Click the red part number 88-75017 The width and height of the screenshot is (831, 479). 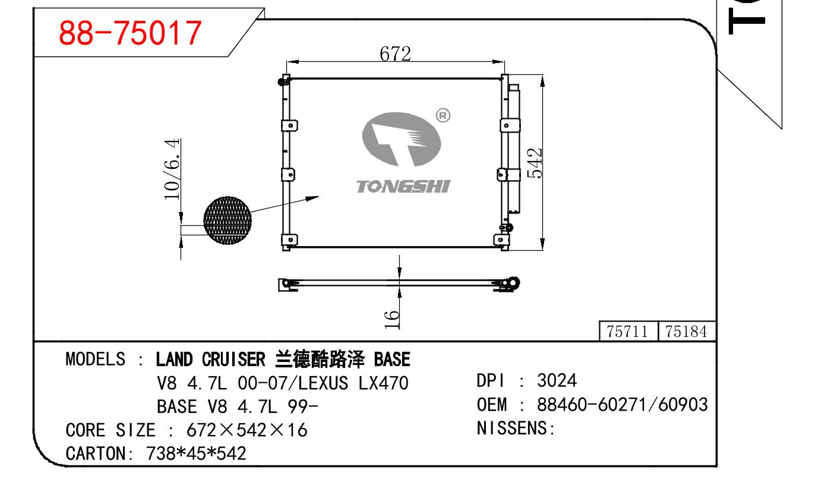coord(130,33)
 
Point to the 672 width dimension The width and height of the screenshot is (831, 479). coord(395,54)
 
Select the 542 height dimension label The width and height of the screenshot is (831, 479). coord(535,163)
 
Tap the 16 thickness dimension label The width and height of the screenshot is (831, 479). coord(392,320)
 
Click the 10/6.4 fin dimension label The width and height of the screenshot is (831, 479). coord(172,169)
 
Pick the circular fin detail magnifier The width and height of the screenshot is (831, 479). coord(228,220)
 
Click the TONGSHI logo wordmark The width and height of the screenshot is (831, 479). coord(403,187)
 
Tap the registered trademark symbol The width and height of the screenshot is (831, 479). coord(443,116)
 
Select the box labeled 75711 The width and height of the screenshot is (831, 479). coord(628,331)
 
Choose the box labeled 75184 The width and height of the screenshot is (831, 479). coord(686,331)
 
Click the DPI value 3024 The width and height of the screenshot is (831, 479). coord(557,381)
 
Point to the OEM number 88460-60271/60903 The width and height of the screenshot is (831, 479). coord(623,405)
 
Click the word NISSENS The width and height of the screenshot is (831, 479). coord(511,428)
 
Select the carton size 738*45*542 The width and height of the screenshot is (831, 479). coord(196,453)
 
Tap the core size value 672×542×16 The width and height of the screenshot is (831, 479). coord(247,430)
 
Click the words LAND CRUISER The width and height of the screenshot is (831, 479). coord(210,359)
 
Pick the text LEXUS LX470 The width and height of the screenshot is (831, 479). coord(353,383)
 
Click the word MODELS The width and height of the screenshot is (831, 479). coord(96,359)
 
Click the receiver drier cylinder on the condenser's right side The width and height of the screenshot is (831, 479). coord(514,149)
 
